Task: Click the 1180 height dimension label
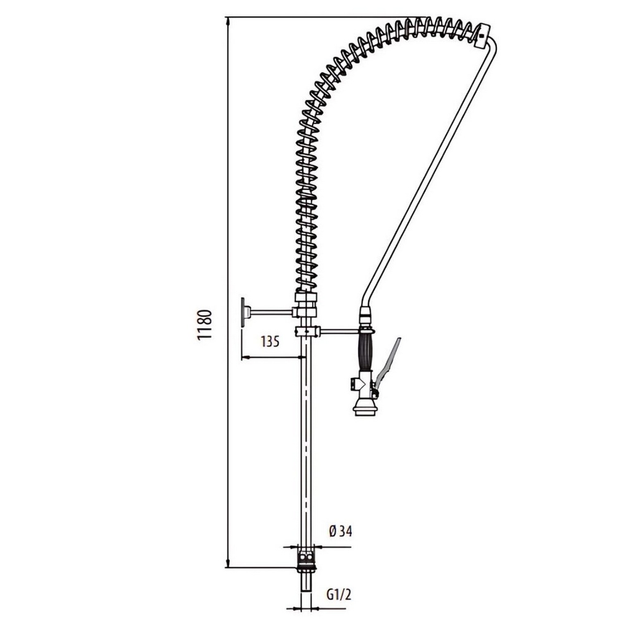tap(204, 325)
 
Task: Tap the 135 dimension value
tap(270, 342)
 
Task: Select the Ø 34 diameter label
tap(340, 531)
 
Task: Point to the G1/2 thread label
tap(339, 595)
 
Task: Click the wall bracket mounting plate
tap(243, 311)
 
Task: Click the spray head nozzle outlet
tap(365, 410)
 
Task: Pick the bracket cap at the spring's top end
tap(483, 36)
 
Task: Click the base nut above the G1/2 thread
tap(306, 561)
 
